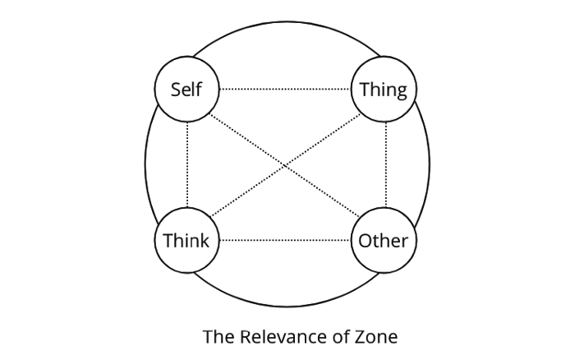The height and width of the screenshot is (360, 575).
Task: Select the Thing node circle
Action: (x=384, y=89)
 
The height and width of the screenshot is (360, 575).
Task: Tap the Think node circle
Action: (x=186, y=241)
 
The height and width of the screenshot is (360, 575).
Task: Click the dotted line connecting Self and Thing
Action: (x=285, y=89)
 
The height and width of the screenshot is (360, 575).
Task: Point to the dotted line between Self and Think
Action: (x=187, y=164)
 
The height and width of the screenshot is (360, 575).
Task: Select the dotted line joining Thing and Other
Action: (x=385, y=164)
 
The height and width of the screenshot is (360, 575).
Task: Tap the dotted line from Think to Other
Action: (x=285, y=241)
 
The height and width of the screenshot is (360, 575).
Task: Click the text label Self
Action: (x=186, y=89)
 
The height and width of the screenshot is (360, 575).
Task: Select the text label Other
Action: (x=384, y=241)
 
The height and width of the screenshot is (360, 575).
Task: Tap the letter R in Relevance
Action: (x=243, y=335)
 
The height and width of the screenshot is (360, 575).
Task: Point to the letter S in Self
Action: (x=175, y=89)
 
